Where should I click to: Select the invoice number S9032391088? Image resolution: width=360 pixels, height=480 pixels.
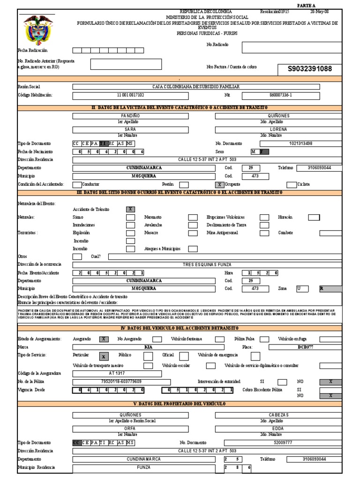310,69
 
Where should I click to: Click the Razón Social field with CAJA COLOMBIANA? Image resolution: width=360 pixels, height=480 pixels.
196,87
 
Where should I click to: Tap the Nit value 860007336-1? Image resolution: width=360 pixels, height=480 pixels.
281,95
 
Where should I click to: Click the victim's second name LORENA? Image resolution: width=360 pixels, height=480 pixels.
278,129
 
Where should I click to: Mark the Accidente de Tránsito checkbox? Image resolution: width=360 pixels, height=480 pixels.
131,209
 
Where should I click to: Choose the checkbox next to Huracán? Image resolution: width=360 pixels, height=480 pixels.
313,217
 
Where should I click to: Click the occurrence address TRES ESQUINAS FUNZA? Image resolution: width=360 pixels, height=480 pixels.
207,265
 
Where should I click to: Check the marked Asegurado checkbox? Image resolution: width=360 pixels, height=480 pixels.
104,339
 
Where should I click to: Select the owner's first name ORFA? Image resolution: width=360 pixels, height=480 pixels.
130,428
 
